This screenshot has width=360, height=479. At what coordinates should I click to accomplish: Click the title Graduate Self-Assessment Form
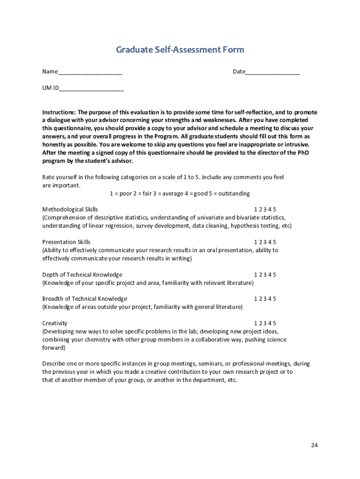(x=180, y=50)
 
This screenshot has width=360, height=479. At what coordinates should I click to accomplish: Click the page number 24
(x=314, y=445)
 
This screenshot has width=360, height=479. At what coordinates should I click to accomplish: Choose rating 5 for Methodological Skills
(x=275, y=210)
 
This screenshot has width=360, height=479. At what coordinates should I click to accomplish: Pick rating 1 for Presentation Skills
(x=256, y=242)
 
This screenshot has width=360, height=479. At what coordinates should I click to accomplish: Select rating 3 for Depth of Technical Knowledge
(x=265, y=275)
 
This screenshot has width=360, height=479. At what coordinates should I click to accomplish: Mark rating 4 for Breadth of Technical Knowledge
(x=270, y=299)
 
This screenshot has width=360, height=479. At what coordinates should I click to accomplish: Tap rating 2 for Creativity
(x=260, y=323)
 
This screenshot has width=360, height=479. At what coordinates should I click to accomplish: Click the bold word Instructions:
(x=59, y=113)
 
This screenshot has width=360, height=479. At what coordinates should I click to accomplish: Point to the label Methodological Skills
(x=70, y=210)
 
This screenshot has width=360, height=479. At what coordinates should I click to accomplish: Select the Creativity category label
(x=55, y=323)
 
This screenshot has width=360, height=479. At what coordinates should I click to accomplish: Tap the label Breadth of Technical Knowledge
(x=85, y=299)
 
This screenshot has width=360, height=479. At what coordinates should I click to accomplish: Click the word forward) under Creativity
(x=54, y=348)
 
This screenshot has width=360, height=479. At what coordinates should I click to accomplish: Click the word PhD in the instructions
(x=303, y=152)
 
